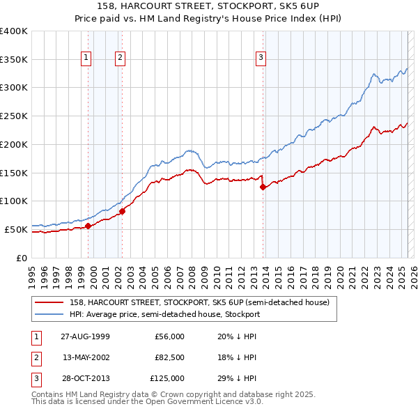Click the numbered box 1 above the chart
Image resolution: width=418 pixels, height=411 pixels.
coord(86,58)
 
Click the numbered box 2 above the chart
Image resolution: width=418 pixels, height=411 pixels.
coord(120,58)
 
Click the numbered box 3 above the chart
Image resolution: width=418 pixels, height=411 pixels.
coord(261,58)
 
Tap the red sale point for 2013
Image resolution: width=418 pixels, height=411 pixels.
coord(263,187)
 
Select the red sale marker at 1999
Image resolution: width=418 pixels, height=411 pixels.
coord(88,226)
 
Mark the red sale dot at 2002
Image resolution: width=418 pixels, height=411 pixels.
coord(122,211)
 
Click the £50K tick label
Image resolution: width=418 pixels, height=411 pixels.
coord(16,229)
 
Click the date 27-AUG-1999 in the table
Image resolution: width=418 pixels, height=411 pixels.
coord(85,336)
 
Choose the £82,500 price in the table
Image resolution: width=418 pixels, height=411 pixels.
coord(169,357)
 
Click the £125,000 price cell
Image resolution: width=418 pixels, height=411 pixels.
coord(168,378)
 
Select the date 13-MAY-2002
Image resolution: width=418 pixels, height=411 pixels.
coord(85,357)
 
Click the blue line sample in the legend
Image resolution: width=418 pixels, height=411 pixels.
coord(49,314)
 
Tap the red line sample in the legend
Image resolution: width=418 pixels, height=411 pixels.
coord(49,302)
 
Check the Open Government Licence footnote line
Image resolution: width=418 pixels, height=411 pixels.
coord(148,402)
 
